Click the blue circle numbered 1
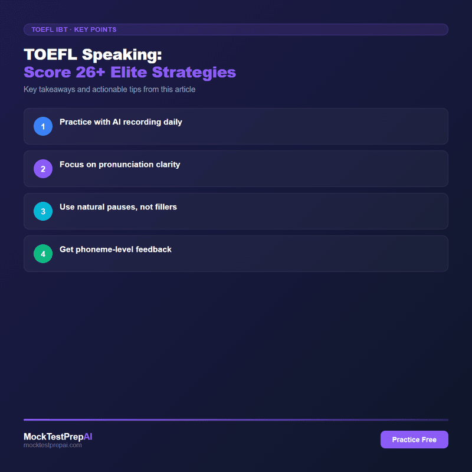coord(43,126)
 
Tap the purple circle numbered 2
coord(43,169)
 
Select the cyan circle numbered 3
coord(43,211)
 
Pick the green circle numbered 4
coord(43,254)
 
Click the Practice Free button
coord(414,440)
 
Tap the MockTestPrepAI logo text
coord(58,437)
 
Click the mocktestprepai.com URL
coord(53,445)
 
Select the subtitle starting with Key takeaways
coord(109,90)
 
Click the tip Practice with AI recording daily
coord(121,122)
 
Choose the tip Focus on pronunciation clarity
coord(120,165)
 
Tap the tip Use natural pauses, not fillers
coord(118,207)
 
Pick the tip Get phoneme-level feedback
coord(116,250)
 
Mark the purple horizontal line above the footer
coord(236,419)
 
